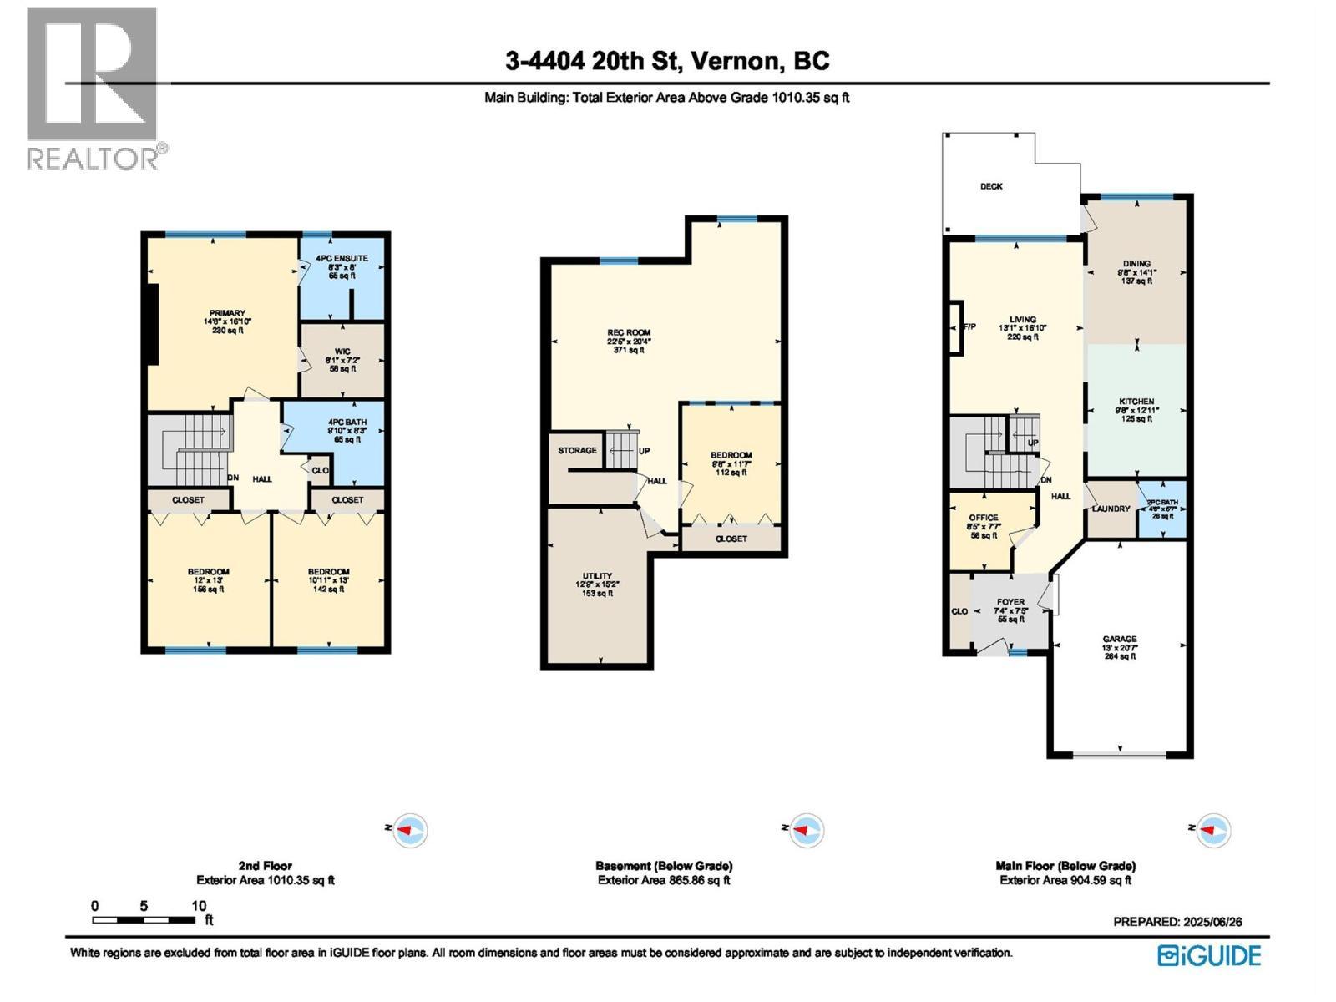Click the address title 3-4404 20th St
click(x=667, y=61)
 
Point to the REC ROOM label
click(x=629, y=333)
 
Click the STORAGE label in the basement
click(x=577, y=451)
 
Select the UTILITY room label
click(x=597, y=576)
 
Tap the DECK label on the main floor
click(x=991, y=186)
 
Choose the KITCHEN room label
click(x=1136, y=402)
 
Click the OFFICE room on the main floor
click(x=984, y=518)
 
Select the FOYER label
click(x=1010, y=602)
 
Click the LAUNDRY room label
click(x=1111, y=509)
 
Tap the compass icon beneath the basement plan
click(x=806, y=830)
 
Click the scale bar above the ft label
click(x=144, y=920)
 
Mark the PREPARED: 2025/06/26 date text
click(x=1177, y=922)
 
